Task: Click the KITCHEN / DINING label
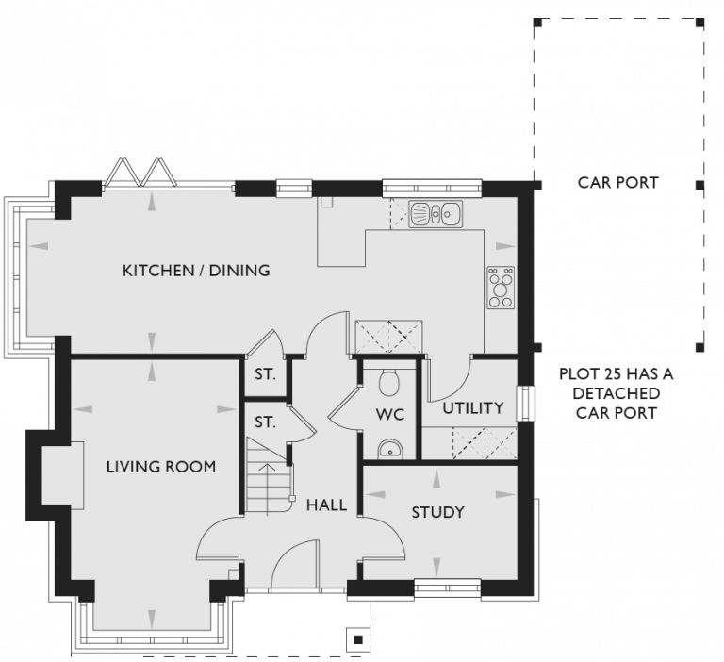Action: tap(196, 271)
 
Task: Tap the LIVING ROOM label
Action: tap(161, 466)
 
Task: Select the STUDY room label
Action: tap(438, 512)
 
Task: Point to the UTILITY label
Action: tap(473, 407)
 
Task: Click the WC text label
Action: tap(389, 414)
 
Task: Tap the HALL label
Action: tap(327, 505)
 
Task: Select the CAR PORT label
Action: tap(617, 182)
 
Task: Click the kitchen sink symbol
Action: tap(436, 215)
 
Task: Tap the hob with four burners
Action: tap(501, 289)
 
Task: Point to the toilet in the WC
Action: tap(388, 381)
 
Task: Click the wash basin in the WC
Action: tap(389, 449)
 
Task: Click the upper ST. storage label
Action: tap(265, 374)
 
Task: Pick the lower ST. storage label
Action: tap(265, 422)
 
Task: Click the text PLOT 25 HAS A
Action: tap(617, 374)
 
